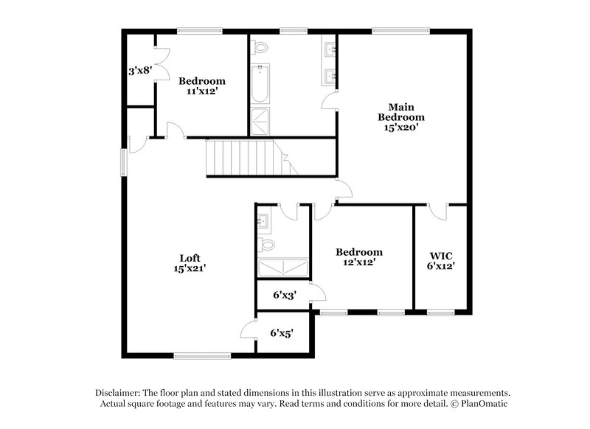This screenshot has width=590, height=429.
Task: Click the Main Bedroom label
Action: click(401, 116)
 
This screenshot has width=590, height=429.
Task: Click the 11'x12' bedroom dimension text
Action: click(202, 93)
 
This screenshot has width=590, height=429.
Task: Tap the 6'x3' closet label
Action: click(285, 295)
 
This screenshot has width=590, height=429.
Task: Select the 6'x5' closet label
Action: click(282, 333)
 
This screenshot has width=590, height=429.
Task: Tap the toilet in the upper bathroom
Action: click(259, 48)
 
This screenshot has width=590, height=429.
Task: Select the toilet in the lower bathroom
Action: click(266, 244)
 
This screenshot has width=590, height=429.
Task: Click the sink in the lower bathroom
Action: click(263, 221)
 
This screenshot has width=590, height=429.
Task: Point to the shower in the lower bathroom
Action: click(282, 267)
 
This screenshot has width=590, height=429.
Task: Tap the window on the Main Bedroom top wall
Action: click(400, 31)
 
